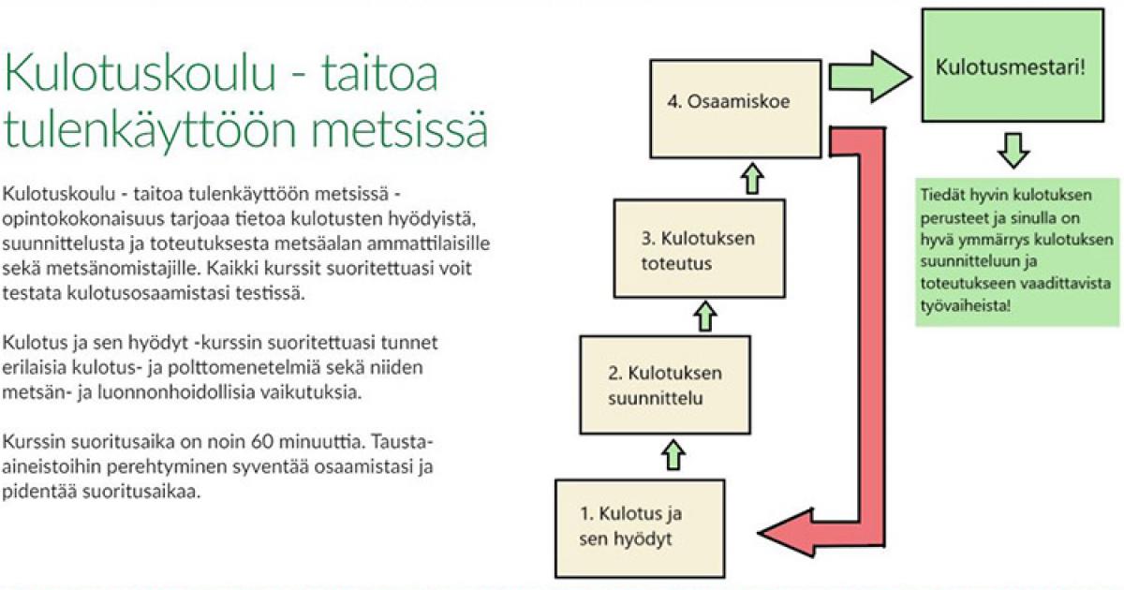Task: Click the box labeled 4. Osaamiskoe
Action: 735,109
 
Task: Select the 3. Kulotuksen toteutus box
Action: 700,249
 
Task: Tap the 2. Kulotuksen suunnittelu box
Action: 665,385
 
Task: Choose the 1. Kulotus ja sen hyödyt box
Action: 640,529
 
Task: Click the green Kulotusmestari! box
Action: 1013,66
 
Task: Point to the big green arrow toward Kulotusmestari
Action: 870,77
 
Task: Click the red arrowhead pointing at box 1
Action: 785,533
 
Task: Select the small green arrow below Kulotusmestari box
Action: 1013,151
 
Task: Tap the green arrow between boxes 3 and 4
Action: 752,179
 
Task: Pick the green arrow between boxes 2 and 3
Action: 705,317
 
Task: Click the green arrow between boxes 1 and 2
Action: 673,455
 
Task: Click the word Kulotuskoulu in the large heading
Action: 140,73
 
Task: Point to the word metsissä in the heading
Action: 399,128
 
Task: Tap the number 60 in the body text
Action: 262,442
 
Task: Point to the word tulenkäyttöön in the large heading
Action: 150,129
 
